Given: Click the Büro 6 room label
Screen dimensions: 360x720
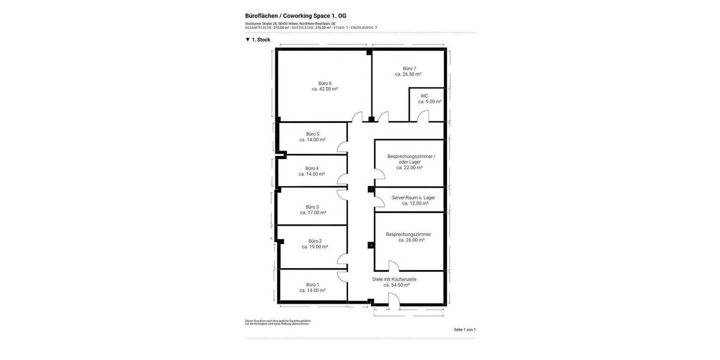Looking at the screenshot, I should pyautogui.click(x=325, y=83).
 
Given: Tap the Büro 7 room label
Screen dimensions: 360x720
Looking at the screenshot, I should pyautogui.click(x=409, y=68).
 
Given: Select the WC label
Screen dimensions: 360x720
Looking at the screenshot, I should pyautogui.click(x=424, y=96).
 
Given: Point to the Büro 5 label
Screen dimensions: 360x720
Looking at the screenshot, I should pyautogui.click(x=313, y=134).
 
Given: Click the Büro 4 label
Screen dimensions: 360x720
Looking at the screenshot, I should pyautogui.click(x=312, y=168).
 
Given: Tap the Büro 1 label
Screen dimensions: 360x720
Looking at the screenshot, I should pyautogui.click(x=313, y=284).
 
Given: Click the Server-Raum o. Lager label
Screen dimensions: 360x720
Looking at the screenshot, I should pyautogui.click(x=413, y=197).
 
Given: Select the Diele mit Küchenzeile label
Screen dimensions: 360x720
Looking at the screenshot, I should pyautogui.click(x=394, y=279).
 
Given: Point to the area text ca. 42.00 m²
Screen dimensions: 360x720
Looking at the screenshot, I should pyautogui.click(x=325, y=89).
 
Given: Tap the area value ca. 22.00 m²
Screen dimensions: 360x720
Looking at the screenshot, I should pyautogui.click(x=409, y=167).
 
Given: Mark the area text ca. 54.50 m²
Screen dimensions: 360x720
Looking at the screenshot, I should pyautogui.click(x=397, y=285).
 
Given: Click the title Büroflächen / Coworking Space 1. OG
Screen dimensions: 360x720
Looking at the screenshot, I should pyautogui.click(x=295, y=16).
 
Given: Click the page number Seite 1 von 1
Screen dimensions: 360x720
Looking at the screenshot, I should pyautogui.click(x=464, y=329).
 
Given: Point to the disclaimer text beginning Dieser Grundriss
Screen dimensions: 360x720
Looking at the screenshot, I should pyautogui.click(x=278, y=321).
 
